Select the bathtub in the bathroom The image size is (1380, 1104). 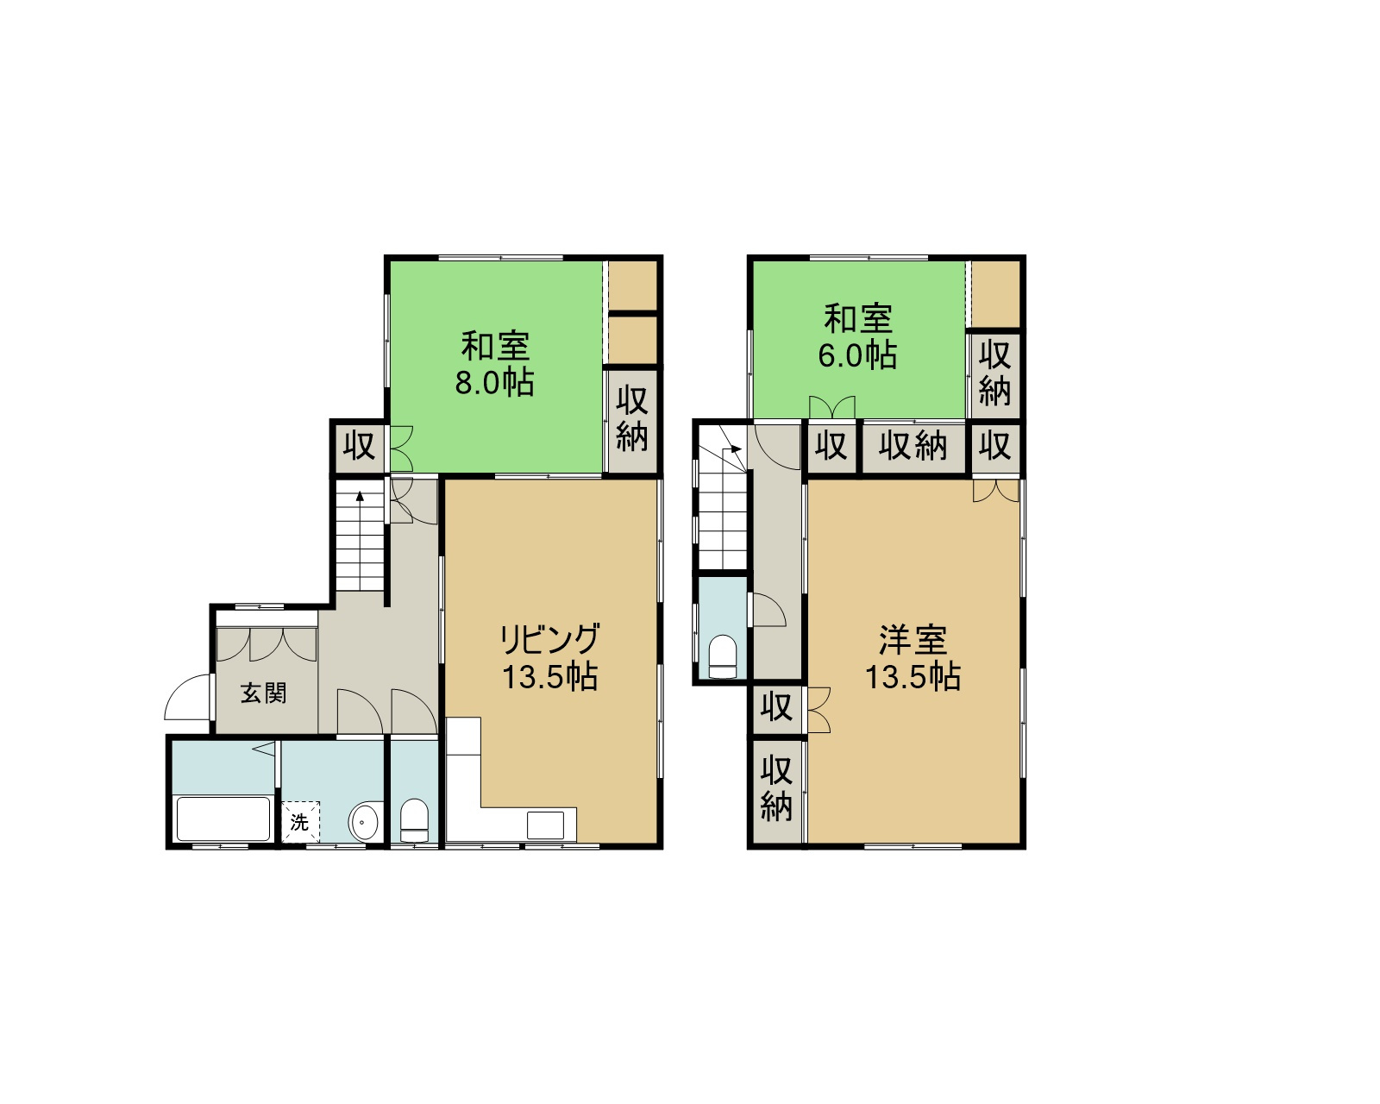(223, 819)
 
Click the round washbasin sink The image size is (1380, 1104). (365, 821)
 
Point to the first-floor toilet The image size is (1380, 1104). (414, 820)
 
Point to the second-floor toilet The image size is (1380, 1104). (723, 657)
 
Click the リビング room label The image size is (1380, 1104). (549, 639)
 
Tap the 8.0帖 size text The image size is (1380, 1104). (494, 383)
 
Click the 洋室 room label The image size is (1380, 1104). (913, 640)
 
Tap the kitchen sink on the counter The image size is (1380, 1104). (545, 825)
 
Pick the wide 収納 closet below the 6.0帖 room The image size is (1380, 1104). (913, 446)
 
